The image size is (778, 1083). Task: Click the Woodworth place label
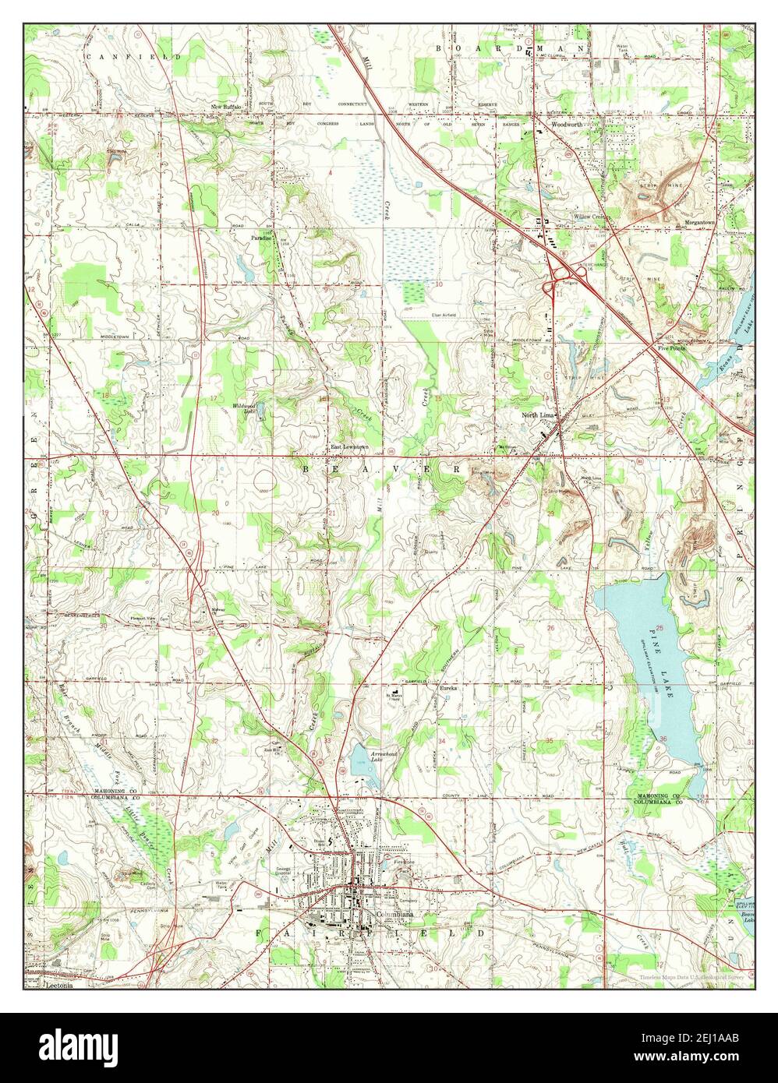(568, 124)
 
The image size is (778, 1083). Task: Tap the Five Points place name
(671, 348)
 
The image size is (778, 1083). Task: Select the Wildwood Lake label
(249, 409)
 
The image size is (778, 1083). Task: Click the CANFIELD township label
(133, 57)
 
